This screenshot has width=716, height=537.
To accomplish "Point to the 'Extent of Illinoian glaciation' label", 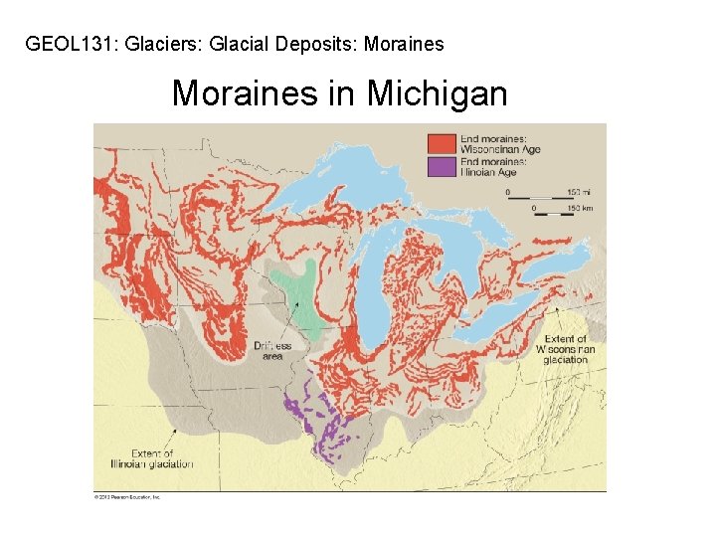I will coord(151,459).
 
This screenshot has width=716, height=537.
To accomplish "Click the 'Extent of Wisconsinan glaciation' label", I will coord(565,350).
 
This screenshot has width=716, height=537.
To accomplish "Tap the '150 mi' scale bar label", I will coord(573,190).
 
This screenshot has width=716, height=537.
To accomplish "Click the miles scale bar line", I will coord(531,198).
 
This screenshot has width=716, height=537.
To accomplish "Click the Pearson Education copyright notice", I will coord(127,495).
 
